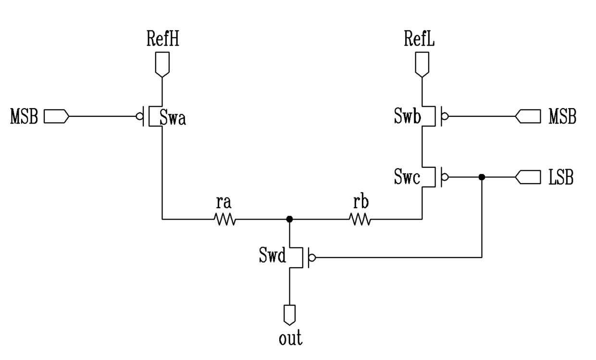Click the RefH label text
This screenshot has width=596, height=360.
click(x=163, y=39)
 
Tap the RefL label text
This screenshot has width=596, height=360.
click(x=419, y=39)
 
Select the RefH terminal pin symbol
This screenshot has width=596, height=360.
click(x=162, y=65)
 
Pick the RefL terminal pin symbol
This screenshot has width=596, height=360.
click(x=422, y=65)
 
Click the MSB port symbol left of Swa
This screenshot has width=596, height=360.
click(x=56, y=116)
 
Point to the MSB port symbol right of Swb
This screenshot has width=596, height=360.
click(x=528, y=116)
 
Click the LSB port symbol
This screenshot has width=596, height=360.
click(x=528, y=177)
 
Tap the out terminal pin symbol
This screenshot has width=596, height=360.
click(x=289, y=315)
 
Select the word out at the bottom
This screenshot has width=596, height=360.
click(x=290, y=338)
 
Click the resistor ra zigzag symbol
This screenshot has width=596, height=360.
click(x=225, y=220)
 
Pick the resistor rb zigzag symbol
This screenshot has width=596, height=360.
click(x=360, y=220)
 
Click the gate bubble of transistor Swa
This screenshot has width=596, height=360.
click(x=139, y=116)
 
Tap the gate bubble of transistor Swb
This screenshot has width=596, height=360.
click(x=445, y=116)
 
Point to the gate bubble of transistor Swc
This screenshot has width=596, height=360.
click(x=445, y=177)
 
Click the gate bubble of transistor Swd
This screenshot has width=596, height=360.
click(x=312, y=258)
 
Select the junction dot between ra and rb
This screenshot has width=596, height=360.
click(x=289, y=219)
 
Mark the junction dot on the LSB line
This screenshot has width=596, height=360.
click(x=482, y=177)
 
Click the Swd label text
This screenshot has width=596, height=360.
click(x=273, y=255)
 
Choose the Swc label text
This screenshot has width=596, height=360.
click(x=407, y=177)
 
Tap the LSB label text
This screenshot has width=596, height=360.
click(x=561, y=177)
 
